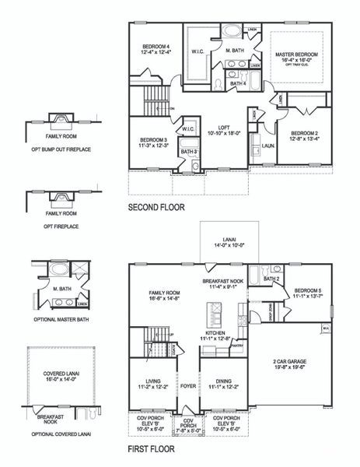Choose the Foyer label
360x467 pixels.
(188, 385)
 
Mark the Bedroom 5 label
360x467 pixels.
(307, 293)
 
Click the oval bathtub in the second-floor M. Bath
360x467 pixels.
(232, 33)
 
